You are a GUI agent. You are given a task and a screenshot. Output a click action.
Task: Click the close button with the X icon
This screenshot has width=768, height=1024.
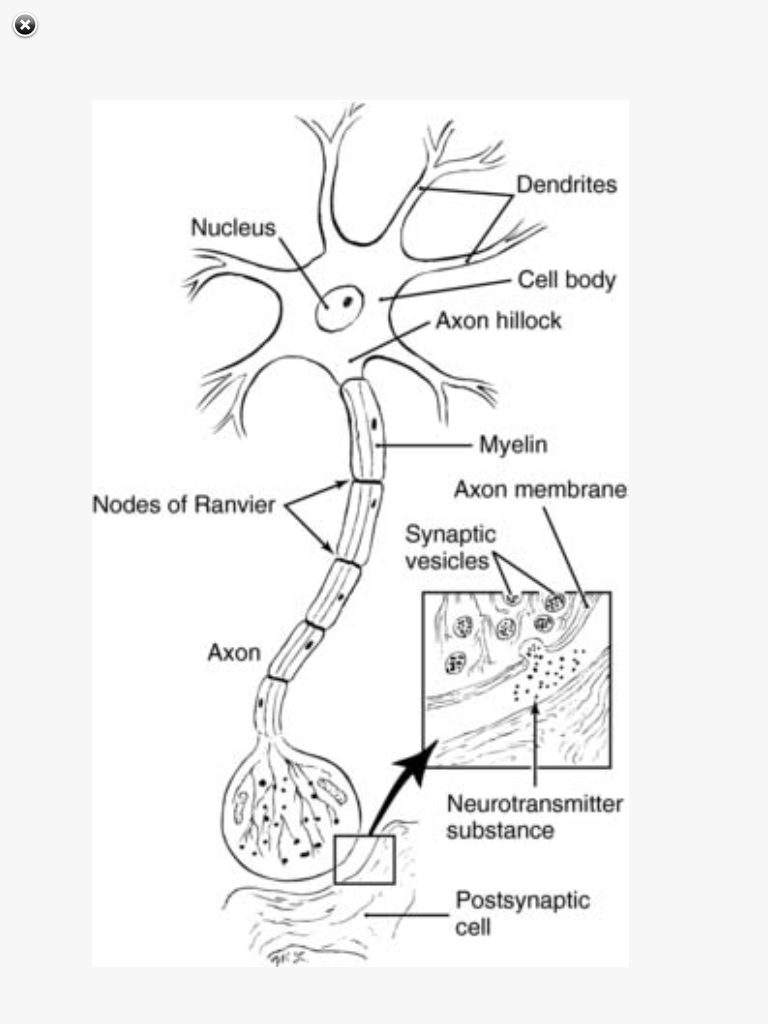(25, 26)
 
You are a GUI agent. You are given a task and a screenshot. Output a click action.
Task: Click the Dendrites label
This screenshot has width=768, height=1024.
(566, 185)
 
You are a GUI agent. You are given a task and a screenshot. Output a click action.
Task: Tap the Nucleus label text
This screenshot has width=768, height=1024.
(233, 228)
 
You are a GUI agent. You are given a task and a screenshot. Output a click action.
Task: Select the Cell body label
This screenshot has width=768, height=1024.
(566, 281)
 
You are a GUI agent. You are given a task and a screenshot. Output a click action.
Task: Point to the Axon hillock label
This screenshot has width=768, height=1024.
(498, 321)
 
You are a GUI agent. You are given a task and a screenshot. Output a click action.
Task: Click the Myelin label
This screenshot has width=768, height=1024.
(512, 444)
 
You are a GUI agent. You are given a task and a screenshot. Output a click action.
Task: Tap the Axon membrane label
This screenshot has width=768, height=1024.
(540, 490)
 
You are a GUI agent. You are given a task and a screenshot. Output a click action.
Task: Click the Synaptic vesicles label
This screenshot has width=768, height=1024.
(449, 548)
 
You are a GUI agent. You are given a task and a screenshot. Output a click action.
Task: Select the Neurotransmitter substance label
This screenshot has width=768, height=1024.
(533, 817)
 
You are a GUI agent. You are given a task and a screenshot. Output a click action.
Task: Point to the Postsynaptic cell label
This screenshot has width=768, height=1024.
(522, 913)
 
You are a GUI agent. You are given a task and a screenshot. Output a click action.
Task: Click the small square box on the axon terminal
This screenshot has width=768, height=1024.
(365, 860)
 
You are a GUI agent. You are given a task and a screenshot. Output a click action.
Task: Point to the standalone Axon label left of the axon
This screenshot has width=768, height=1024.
(234, 653)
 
